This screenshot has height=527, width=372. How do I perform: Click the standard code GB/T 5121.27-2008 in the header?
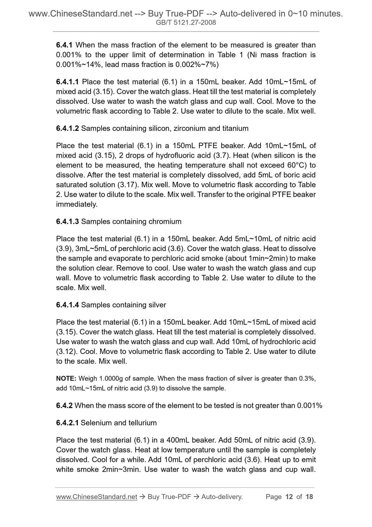pyautogui.click(x=186, y=23)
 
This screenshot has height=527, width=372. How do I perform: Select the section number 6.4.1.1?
pyautogui.click(x=68, y=82)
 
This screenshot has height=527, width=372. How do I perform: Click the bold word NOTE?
pyautogui.click(x=66, y=379)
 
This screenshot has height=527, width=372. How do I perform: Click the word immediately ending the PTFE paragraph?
pyautogui.click(x=77, y=204)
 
